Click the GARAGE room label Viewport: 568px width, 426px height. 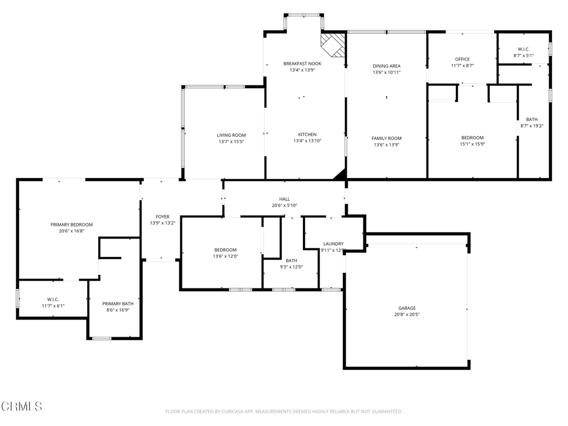(406, 308)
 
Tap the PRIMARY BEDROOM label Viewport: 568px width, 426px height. (72, 225)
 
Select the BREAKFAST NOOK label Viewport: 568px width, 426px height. (302, 64)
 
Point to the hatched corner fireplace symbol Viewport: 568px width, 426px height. (333, 44)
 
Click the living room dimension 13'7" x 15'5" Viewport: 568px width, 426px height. (231, 142)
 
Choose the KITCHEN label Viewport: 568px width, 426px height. (307, 135)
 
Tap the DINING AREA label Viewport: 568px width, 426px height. (387, 66)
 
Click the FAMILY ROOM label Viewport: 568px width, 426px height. (387, 139)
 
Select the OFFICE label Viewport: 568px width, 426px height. (462, 59)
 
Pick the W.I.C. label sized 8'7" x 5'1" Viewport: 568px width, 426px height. (524, 49)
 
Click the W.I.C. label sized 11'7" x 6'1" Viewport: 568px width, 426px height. (53, 300)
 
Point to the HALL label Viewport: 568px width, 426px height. (285, 199)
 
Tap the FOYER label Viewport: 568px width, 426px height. (163, 217)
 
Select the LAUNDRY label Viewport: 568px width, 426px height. (333, 244)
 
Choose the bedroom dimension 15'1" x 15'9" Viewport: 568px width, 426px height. (473, 144)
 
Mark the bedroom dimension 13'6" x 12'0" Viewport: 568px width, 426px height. (225, 256)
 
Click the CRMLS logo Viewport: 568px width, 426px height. (22, 406)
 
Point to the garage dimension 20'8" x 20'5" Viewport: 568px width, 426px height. (406, 315)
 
